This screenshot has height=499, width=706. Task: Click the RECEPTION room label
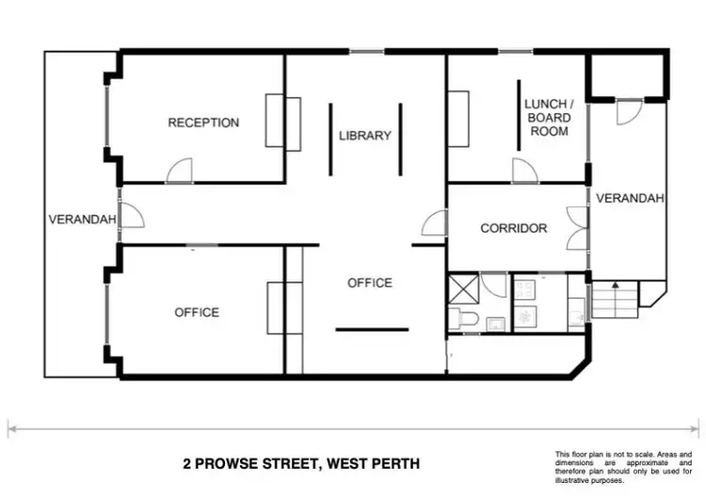[x=203, y=122]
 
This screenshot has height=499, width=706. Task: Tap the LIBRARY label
[x=365, y=136]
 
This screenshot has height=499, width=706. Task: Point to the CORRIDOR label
[x=514, y=228]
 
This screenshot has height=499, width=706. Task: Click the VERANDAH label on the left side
[x=82, y=220]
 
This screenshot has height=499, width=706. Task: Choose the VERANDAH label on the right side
[x=631, y=199]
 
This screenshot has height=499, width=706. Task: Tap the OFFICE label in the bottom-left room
[x=197, y=313]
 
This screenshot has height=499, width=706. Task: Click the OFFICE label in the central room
[x=370, y=282]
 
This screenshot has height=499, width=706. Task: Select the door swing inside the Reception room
[x=180, y=170]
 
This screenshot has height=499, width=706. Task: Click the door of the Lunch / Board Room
[x=524, y=170]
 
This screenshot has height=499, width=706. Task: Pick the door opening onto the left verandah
[x=132, y=215]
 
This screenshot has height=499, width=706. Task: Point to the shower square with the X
[x=464, y=288]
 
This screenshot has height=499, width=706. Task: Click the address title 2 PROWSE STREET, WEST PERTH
[x=301, y=463]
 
